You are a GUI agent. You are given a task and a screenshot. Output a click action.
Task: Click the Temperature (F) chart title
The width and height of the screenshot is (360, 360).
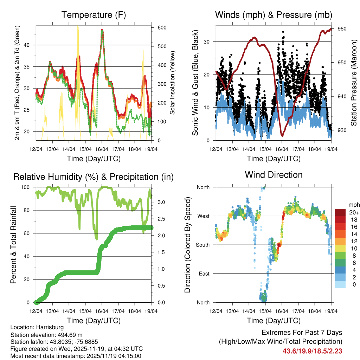[x=94, y=15]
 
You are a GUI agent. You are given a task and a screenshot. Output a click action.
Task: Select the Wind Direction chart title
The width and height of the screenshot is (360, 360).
[x=274, y=175]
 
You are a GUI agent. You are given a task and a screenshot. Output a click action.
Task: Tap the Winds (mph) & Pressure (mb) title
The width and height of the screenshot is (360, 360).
[x=274, y=15]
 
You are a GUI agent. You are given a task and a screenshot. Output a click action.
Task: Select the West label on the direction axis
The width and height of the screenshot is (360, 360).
[x=203, y=216]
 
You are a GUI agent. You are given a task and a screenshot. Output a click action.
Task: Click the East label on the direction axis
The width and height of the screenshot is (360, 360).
[x=204, y=274]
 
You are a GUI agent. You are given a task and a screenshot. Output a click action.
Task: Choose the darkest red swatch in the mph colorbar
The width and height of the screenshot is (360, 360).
[x=340, y=212]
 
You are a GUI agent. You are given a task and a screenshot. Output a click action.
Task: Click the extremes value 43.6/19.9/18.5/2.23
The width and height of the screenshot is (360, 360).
[x=313, y=351]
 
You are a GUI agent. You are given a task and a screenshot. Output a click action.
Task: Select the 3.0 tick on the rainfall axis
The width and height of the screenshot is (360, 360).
[x=161, y=202]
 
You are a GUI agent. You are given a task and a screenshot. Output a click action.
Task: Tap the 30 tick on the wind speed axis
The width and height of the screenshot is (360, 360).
[x=207, y=41]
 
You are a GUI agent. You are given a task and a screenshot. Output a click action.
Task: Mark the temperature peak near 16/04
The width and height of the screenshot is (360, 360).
[x=102, y=30]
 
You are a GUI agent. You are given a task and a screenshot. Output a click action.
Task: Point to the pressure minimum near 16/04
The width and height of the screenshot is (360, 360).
[x=282, y=135]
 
